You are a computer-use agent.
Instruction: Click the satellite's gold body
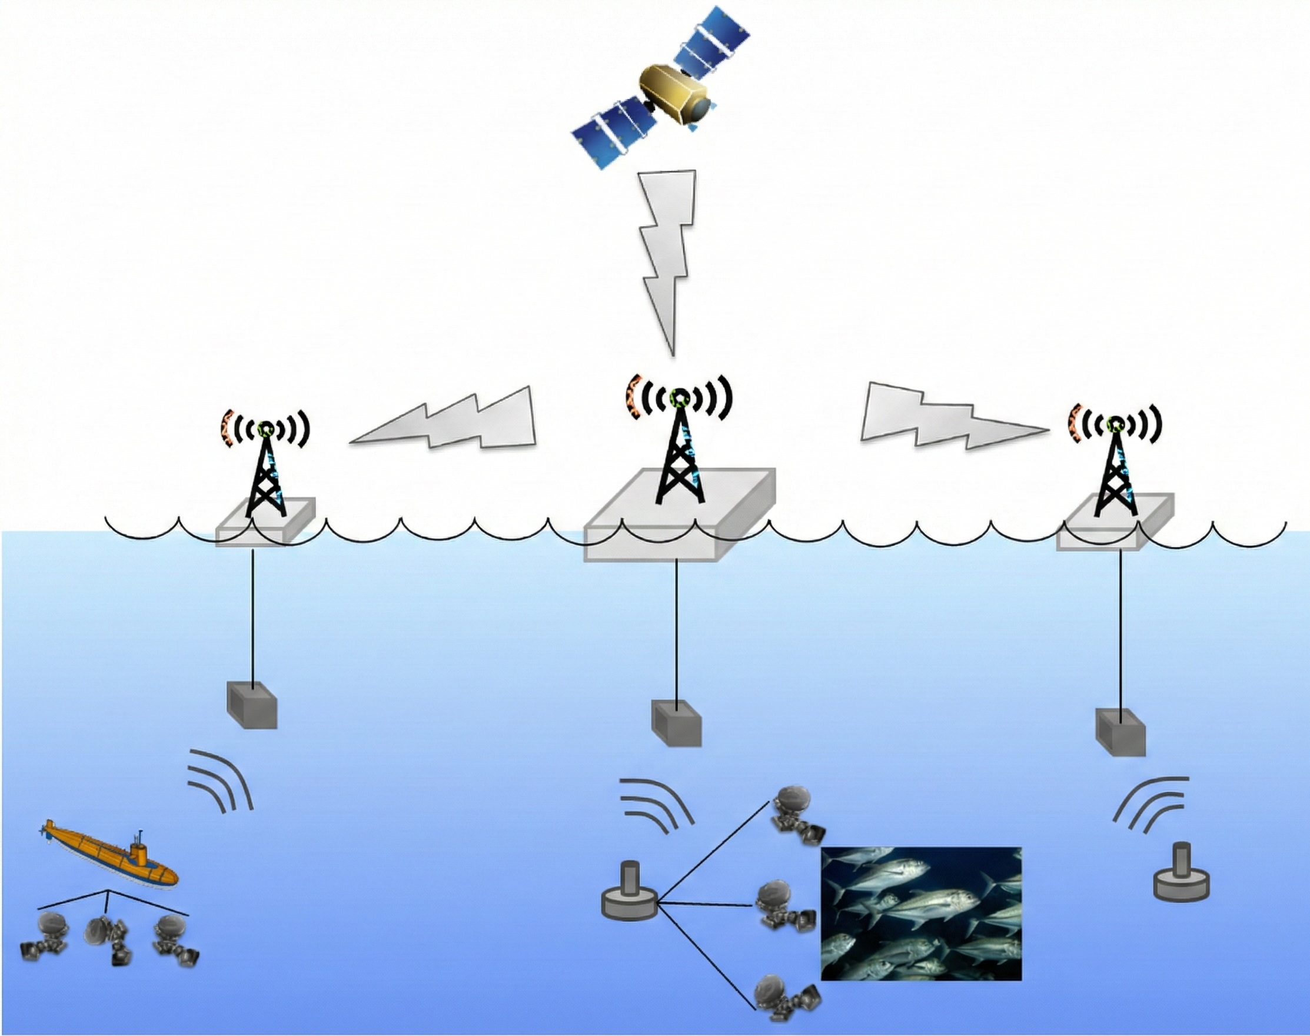click(674, 94)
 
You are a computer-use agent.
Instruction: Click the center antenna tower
click(679, 449)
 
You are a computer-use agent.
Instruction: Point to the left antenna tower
click(265, 473)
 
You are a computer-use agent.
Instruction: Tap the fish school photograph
click(920, 913)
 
